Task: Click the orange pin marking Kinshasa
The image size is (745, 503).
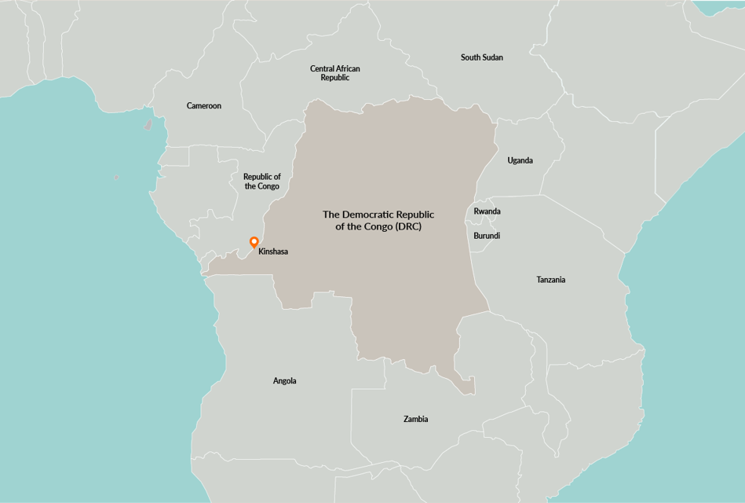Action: (254, 242)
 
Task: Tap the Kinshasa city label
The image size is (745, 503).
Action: (273, 251)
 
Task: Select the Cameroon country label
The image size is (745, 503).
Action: (204, 106)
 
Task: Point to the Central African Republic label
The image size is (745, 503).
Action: (335, 73)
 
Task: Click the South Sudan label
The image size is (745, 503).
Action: (482, 57)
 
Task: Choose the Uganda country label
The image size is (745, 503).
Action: (520, 160)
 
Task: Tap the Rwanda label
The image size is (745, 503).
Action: (487, 211)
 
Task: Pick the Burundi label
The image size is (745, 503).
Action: (487, 236)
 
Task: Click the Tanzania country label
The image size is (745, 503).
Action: (550, 280)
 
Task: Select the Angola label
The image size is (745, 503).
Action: (285, 381)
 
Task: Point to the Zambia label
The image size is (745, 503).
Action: (416, 420)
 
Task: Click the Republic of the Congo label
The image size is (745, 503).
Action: (262, 182)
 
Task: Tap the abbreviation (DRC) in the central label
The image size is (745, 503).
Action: (417, 226)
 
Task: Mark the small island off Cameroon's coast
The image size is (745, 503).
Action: (148, 124)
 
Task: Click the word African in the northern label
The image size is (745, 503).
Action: (346, 68)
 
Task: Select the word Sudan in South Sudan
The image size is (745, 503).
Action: (493, 57)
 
